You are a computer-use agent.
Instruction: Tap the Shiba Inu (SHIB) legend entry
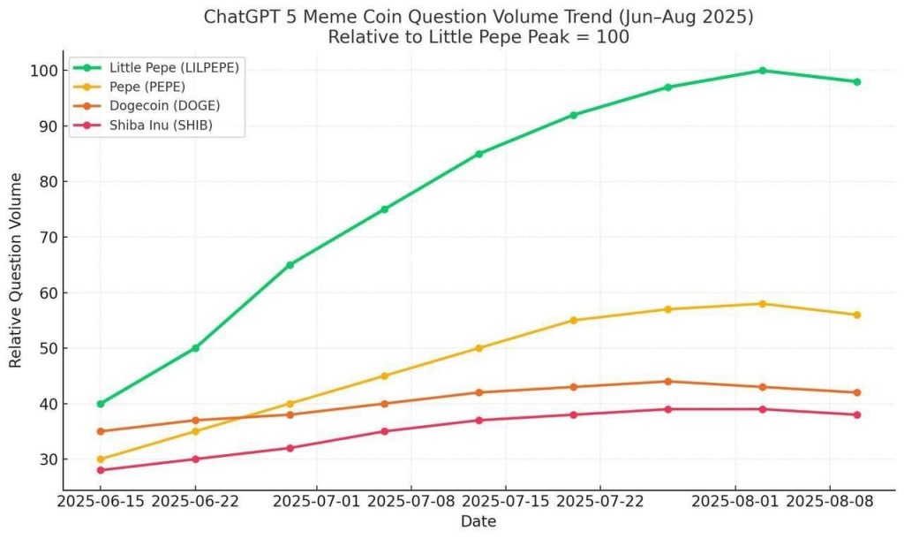(x=160, y=125)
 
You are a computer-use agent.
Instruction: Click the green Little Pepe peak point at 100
(x=763, y=71)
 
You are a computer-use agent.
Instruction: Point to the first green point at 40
(x=101, y=404)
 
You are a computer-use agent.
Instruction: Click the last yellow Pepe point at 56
(x=857, y=315)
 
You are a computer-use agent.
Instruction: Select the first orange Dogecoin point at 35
(x=101, y=431)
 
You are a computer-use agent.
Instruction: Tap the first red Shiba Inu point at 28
(x=101, y=470)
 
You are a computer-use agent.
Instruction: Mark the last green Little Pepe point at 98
(x=857, y=81)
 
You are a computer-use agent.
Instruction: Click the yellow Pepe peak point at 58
(x=763, y=304)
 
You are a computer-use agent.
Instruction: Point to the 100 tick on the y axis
(x=42, y=71)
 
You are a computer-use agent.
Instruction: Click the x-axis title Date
(x=478, y=522)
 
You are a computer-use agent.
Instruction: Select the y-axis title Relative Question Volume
(x=15, y=270)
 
